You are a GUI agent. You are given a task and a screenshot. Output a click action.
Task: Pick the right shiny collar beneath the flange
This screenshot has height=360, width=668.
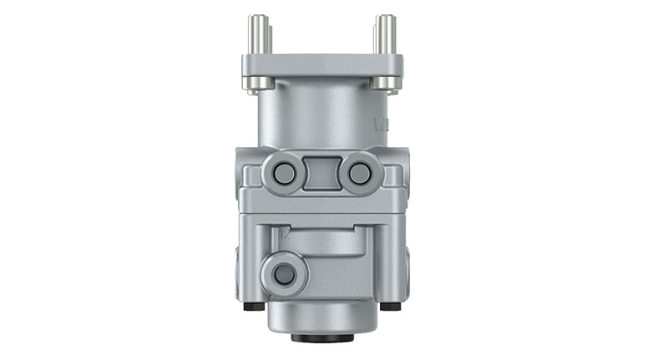point(384,84)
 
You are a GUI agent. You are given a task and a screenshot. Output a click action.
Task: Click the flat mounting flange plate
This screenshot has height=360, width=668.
point(322,64)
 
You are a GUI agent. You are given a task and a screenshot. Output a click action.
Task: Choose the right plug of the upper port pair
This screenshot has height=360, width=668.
point(360,174)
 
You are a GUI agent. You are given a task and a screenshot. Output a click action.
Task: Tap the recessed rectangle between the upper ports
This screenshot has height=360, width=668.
point(322,174)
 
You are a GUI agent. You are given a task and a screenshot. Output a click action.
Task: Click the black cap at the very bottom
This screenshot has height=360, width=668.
point(321,338)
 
